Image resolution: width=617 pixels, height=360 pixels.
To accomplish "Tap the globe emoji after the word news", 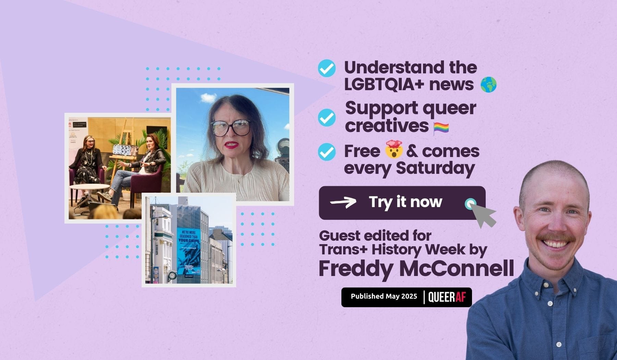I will pos(488,85).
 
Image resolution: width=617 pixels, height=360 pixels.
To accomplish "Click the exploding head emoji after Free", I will pos(394,149).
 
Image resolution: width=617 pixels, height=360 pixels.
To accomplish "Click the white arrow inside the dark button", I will pos(343,202).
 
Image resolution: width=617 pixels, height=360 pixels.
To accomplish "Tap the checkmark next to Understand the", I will pos(327,68).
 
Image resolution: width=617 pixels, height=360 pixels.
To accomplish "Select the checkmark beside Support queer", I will pos(327,118).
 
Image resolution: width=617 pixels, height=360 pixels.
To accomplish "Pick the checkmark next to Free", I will pos(327,152).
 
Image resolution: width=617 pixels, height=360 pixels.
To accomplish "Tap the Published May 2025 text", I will pos(384,296).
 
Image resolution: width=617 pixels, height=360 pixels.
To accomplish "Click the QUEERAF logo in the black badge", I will pos(447,297).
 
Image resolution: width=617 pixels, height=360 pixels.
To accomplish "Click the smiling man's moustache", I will pos(555,238).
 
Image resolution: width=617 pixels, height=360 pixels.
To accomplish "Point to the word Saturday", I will pos(435,168).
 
